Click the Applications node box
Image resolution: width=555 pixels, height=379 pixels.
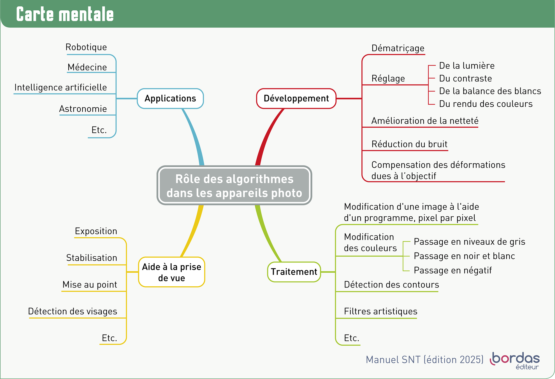[170, 99]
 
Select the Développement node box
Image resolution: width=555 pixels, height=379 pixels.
[296, 99]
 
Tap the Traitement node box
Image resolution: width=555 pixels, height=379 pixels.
[294, 272]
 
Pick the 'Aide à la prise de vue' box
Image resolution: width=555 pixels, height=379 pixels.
[171, 272]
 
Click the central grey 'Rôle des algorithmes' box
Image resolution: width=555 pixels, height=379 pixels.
[234, 186]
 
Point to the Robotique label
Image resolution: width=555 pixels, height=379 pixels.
[86, 47]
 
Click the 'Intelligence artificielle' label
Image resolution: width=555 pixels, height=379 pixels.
[61, 87]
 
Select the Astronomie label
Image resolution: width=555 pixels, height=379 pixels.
[83, 109]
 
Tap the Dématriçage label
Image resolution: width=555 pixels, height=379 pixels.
[398, 48]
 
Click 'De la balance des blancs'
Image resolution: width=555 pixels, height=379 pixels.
[490, 91]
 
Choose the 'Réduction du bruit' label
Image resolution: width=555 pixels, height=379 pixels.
[409, 144]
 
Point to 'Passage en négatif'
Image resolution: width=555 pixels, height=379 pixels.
[452, 270]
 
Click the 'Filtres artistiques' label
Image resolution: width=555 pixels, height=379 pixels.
[380, 311]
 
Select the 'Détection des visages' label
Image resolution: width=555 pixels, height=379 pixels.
[73, 311]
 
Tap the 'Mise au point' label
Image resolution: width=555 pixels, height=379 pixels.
[90, 284]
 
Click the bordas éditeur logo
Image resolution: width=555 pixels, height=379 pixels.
[515, 360]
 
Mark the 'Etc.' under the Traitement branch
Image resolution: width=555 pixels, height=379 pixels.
[351, 338]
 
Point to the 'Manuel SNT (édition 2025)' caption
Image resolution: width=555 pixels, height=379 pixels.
[424, 360]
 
